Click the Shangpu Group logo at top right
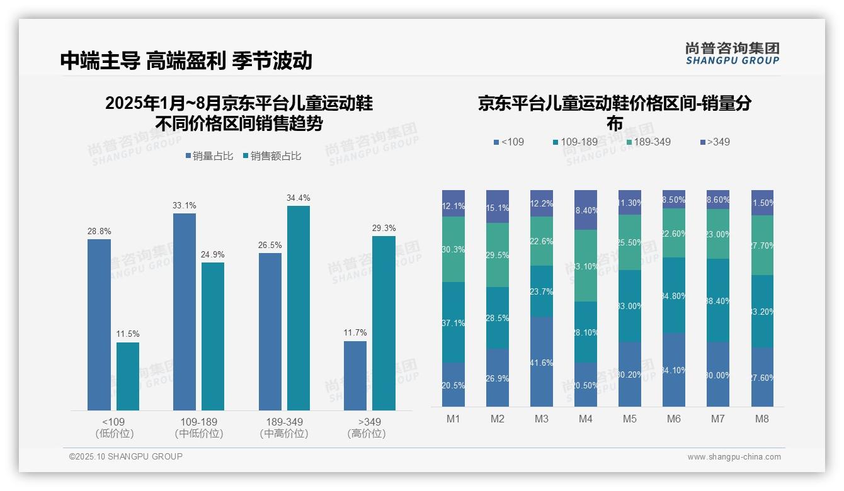[732, 54]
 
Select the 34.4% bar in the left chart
[299, 308]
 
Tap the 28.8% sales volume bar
[99, 324]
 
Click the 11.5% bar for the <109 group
[128, 376]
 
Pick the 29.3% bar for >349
[384, 323]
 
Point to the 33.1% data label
[184, 205]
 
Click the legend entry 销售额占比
[271, 156]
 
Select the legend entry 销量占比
[212, 156]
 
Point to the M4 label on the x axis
[585, 419]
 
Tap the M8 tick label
[761, 419]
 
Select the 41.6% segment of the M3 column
[541, 361]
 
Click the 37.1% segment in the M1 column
[453, 322]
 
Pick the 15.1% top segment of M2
[497, 206]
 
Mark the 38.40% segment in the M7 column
[718, 300]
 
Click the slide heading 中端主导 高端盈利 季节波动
[186, 60]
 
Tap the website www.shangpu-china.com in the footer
[734, 457]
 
